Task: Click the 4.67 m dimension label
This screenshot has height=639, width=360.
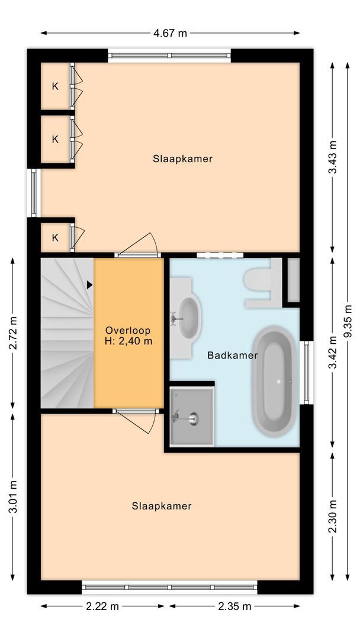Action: coord(170,33)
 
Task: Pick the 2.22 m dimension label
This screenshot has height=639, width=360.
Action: coord(102,606)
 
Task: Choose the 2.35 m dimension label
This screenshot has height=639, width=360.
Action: coord(234,606)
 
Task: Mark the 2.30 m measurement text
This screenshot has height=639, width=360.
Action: coord(333,517)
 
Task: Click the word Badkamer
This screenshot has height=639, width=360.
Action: coord(232,356)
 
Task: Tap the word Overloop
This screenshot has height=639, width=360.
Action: coord(128,330)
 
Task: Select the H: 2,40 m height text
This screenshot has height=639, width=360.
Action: coord(128,341)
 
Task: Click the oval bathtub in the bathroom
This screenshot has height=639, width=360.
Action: coord(275,382)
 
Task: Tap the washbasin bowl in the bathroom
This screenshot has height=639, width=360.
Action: coord(189,317)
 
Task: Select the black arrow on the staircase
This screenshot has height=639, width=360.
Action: coord(89,285)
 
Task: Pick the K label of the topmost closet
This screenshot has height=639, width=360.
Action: coord(55,86)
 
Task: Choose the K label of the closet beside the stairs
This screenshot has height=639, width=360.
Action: coord(55,238)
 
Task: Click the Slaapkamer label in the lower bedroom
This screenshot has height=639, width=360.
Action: coord(162,506)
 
